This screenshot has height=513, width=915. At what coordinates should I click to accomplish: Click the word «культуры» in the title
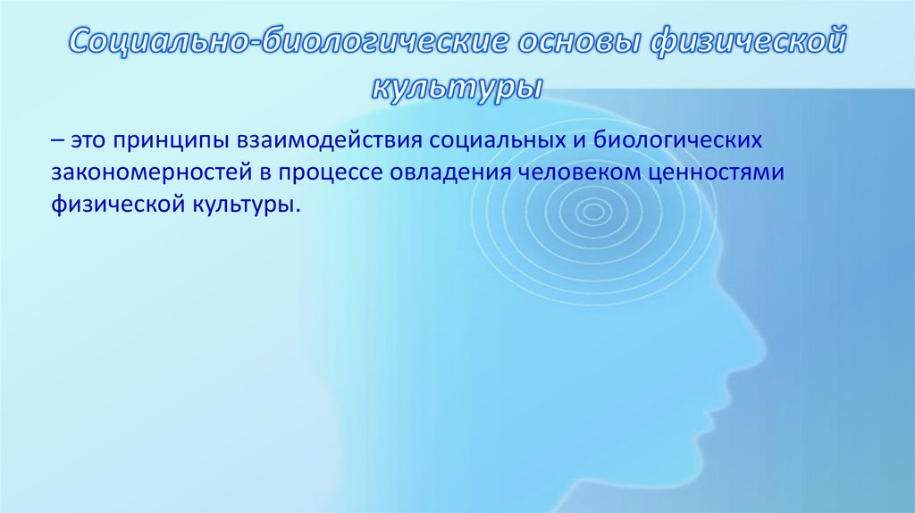457,88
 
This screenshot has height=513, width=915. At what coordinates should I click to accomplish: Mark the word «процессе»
335,172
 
